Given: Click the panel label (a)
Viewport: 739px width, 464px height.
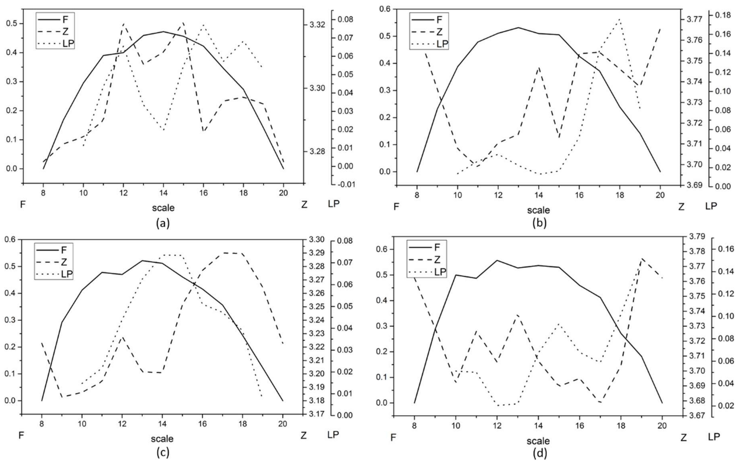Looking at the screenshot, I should pos(163,223).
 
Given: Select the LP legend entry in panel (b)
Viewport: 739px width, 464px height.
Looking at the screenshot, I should pos(442,44).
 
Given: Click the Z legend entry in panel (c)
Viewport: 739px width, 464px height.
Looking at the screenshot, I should pos(64,262).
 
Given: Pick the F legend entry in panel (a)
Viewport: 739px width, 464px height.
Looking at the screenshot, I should pos(65,20).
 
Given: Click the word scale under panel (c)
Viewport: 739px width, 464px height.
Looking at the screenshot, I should pos(162,439).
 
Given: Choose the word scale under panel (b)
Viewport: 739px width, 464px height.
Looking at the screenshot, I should pos(538,210).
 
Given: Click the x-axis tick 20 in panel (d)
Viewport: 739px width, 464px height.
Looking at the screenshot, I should pos(662,426).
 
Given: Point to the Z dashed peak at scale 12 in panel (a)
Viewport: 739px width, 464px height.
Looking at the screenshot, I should pos(123,23).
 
